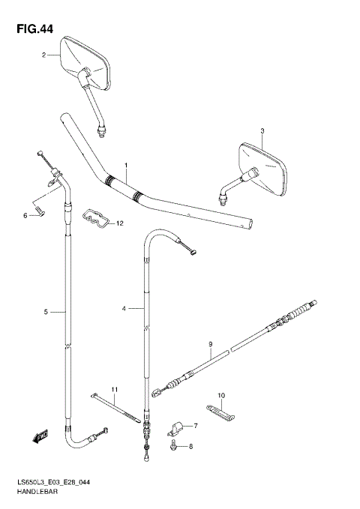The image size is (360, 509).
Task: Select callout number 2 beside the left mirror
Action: click(x=44, y=55)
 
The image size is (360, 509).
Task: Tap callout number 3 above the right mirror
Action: click(x=263, y=131)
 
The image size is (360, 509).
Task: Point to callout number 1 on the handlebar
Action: click(x=127, y=166)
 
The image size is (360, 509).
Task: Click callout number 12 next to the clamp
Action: click(x=120, y=223)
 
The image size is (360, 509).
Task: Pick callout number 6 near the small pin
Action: click(x=25, y=216)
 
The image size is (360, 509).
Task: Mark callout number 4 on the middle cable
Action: click(x=124, y=308)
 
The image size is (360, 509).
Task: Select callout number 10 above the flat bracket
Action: click(x=221, y=395)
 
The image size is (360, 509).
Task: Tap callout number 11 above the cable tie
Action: click(x=115, y=388)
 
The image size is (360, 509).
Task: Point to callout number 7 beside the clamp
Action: click(x=196, y=427)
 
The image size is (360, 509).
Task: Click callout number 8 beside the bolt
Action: click(x=190, y=447)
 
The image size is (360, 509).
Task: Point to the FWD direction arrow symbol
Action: click(x=39, y=435)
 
